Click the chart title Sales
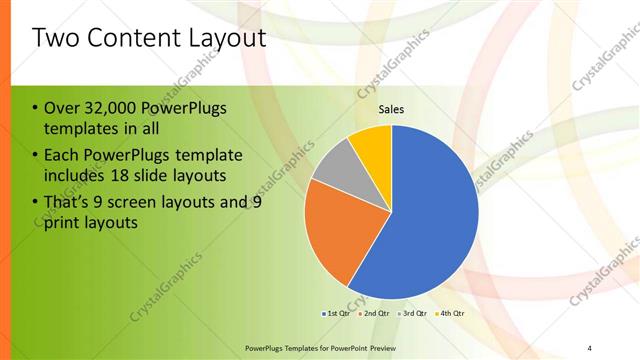tap(391, 110)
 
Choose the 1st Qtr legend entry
tap(337, 314)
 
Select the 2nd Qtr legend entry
tap(375, 314)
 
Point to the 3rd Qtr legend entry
tap(413, 314)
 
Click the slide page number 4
tap(590, 347)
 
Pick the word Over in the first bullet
tap(62, 109)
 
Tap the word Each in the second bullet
tap(62, 155)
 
